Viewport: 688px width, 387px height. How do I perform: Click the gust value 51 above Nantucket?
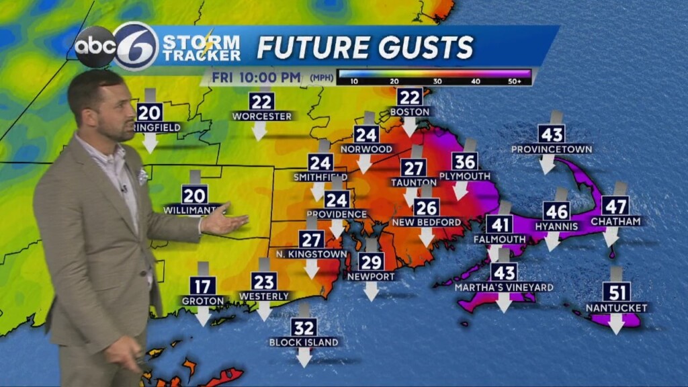pyautogui.click(x=615, y=292)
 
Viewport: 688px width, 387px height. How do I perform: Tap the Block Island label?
pyautogui.click(x=304, y=342)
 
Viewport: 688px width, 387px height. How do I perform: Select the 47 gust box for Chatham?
pyautogui.click(x=615, y=205)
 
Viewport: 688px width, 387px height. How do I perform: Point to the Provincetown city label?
pyautogui.click(x=551, y=148)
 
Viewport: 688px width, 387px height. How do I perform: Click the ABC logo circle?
pyautogui.click(x=95, y=46)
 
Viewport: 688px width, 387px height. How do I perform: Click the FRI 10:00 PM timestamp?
pyautogui.click(x=256, y=77)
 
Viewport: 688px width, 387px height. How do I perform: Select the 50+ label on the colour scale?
pyautogui.click(x=515, y=81)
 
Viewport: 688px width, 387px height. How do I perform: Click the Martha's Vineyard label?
pyautogui.click(x=503, y=288)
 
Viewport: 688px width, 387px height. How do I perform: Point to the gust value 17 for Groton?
pyautogui.click(x=202, y=286)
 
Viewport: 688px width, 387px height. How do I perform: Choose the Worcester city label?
pyautogui.click(x=262, y=116)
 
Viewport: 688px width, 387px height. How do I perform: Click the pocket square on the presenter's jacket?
pyautogui.click(x=142, y=177)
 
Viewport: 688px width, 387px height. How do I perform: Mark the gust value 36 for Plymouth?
pyautogui.click(x=465, y=161)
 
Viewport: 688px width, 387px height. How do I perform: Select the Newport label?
pyautogui.click(x=371, y=276)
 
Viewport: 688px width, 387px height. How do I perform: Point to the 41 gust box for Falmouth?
pyautogui.click(x=499, y=224)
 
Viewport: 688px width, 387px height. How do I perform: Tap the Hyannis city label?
pyautogui.click(x=556, y=226)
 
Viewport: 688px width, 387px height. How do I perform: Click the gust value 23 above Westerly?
pyautogui.click(x=263, y=281)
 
